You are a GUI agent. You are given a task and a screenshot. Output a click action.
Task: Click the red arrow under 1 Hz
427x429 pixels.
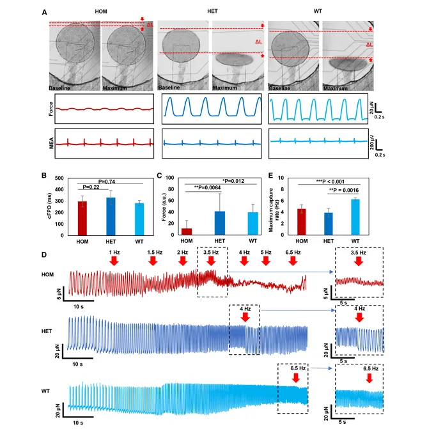tap(114, 262)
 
